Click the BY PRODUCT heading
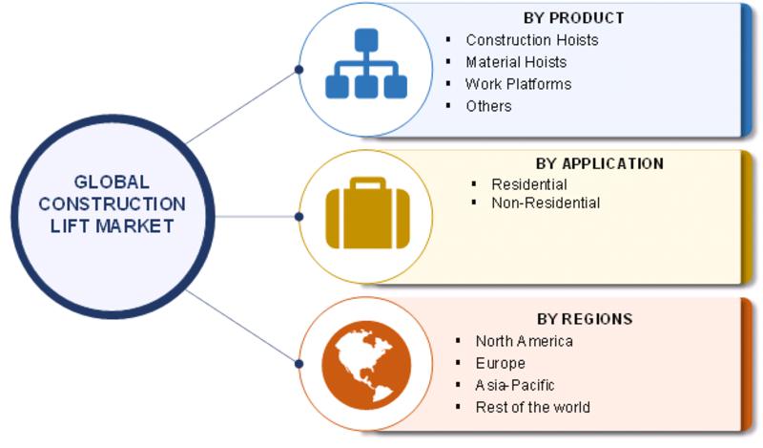(574, 18)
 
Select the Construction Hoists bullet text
(532, 40)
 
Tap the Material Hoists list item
(516, 62)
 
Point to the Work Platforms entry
(518, 84)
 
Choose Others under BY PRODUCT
(488, 106)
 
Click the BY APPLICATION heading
(600, 163)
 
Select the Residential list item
(529, 184)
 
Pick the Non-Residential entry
(546, 203)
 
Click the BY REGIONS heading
(585, 319)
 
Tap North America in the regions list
(524, 341)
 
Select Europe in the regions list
(500, 363)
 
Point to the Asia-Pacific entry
(515, 385)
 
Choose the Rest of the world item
(533, 407)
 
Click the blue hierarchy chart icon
(366, 63)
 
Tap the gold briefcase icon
(367, 213)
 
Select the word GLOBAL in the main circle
(112, 182)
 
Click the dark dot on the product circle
(299, 70)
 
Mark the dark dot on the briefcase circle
(299, 217)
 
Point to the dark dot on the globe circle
(299, 364)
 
